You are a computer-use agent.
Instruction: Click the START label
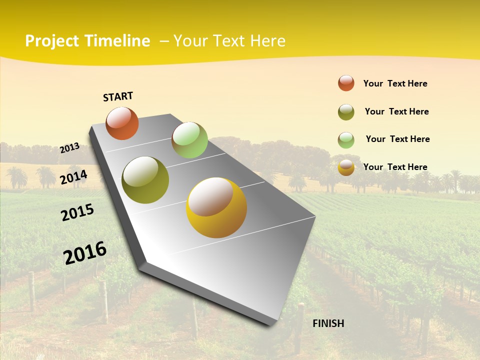click(118, 96)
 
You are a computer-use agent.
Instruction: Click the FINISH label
click(328, 323)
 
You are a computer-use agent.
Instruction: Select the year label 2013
click(69, 148)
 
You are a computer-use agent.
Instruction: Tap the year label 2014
click(73, 177)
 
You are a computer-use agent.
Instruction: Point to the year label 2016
click(85, 252)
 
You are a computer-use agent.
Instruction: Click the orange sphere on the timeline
click(122, 123)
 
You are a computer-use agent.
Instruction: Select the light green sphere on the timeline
click(189, 139)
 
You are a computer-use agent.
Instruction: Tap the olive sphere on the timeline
click(145, 180)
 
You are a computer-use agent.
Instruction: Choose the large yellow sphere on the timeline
click(216, 207)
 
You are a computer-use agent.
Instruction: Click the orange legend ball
click(346, 83)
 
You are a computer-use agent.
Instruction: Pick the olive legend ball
click(346, 112)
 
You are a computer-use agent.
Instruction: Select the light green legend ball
click(346, 140)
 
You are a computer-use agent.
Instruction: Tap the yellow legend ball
click(346, 167)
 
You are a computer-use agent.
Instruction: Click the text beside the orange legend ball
click(395, 83)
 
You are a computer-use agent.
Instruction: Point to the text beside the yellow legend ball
click(395, 167)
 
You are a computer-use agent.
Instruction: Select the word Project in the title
click(52, 41)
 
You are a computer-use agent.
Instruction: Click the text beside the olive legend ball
click(396, 111)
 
